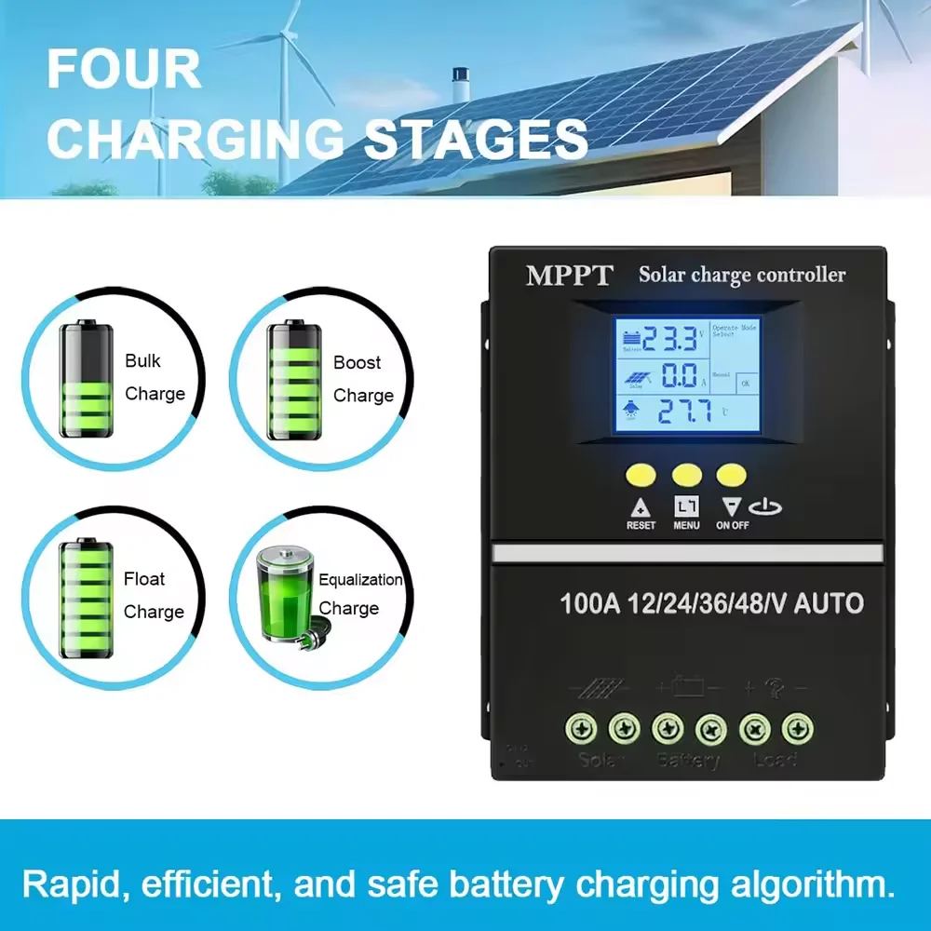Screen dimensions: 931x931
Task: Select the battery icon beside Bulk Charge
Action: coord(87,379)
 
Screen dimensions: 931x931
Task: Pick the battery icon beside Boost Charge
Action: coord(294,380)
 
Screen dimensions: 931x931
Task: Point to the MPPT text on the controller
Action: coord(570,276)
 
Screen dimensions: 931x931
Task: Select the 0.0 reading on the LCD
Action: coord(679,375)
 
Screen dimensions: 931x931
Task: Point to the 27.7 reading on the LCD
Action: coord(685,411)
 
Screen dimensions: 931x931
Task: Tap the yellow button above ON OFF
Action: coord(731,474)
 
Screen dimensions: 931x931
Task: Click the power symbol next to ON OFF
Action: coord(771,508)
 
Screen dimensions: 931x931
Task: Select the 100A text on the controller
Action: coord(589,603)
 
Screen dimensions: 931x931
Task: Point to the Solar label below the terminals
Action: coord(602,759)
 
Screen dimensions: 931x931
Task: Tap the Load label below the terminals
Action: coord(775,759)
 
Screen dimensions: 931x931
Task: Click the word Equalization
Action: coord(360,579)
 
